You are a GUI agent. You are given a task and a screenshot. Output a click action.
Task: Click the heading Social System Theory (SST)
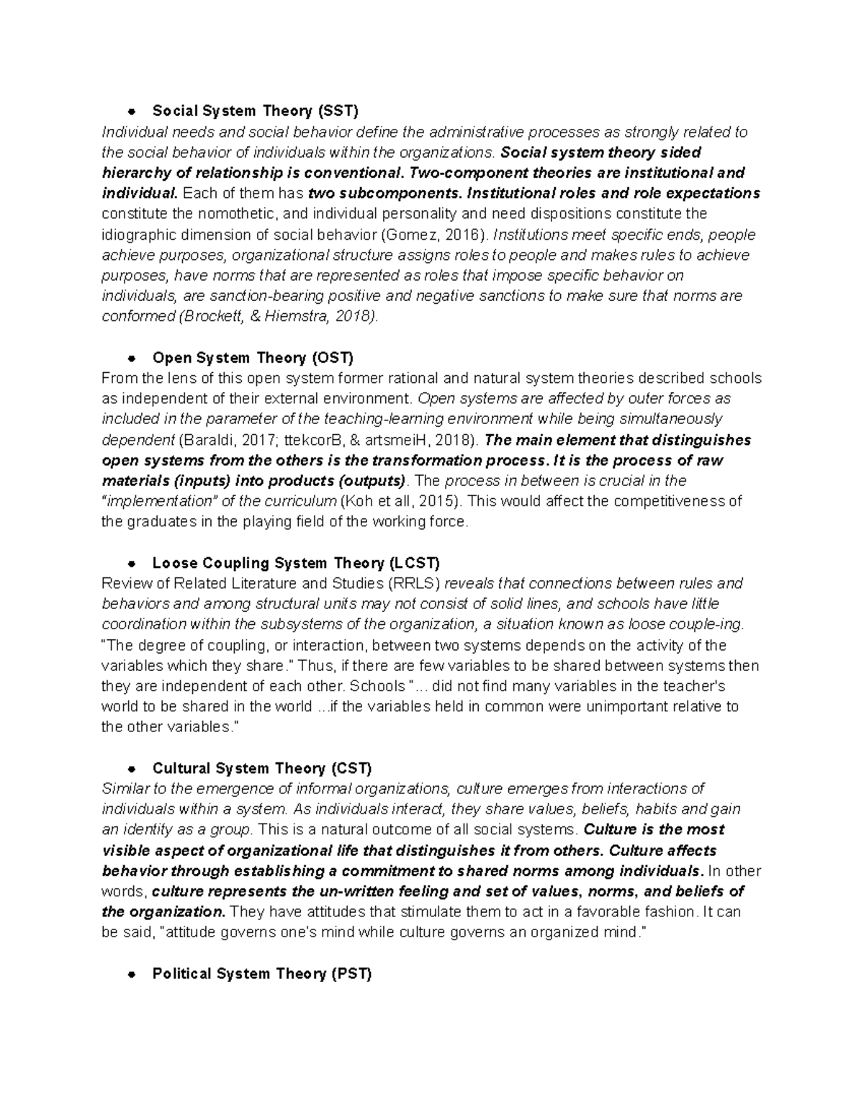tap(255, 111)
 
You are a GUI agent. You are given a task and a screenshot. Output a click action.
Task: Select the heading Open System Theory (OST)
tap(253, 358)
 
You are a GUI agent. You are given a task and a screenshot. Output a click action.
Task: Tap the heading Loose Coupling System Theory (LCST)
tap(296, 563)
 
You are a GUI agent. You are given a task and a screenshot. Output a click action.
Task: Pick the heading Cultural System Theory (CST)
tap(262, 768)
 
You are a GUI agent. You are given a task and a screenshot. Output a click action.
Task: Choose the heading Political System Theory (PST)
tap(262, 974)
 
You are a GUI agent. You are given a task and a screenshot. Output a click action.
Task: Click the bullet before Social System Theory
tap(131, 112)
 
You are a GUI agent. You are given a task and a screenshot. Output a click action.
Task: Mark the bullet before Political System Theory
tap(131, 975)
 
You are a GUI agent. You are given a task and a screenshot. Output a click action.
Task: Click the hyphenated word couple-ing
tap(715, 624)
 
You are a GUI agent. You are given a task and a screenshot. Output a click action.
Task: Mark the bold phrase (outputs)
tap(365, 481)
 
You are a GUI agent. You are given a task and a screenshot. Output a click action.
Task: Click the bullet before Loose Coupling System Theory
tap(131, 564)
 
